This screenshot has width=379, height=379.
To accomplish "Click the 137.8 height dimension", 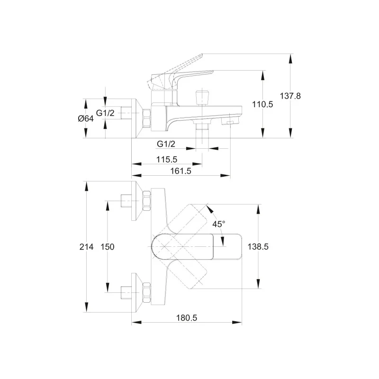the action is pos(290,96).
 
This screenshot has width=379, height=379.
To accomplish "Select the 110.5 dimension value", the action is pos(262,104).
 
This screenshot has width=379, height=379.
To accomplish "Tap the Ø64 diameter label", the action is pos(86,118).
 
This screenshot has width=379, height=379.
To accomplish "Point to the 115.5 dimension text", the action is pos(167,160).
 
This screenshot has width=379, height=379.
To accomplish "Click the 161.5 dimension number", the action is pos(181,171).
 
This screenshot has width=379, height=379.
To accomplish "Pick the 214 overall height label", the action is pos(86,247).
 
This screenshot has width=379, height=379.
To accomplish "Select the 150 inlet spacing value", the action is pos(108,247).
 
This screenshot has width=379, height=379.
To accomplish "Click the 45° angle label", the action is pos(218,224).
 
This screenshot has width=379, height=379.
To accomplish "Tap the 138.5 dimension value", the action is pos(258,247).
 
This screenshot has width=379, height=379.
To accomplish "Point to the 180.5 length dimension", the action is pos(187,318).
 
